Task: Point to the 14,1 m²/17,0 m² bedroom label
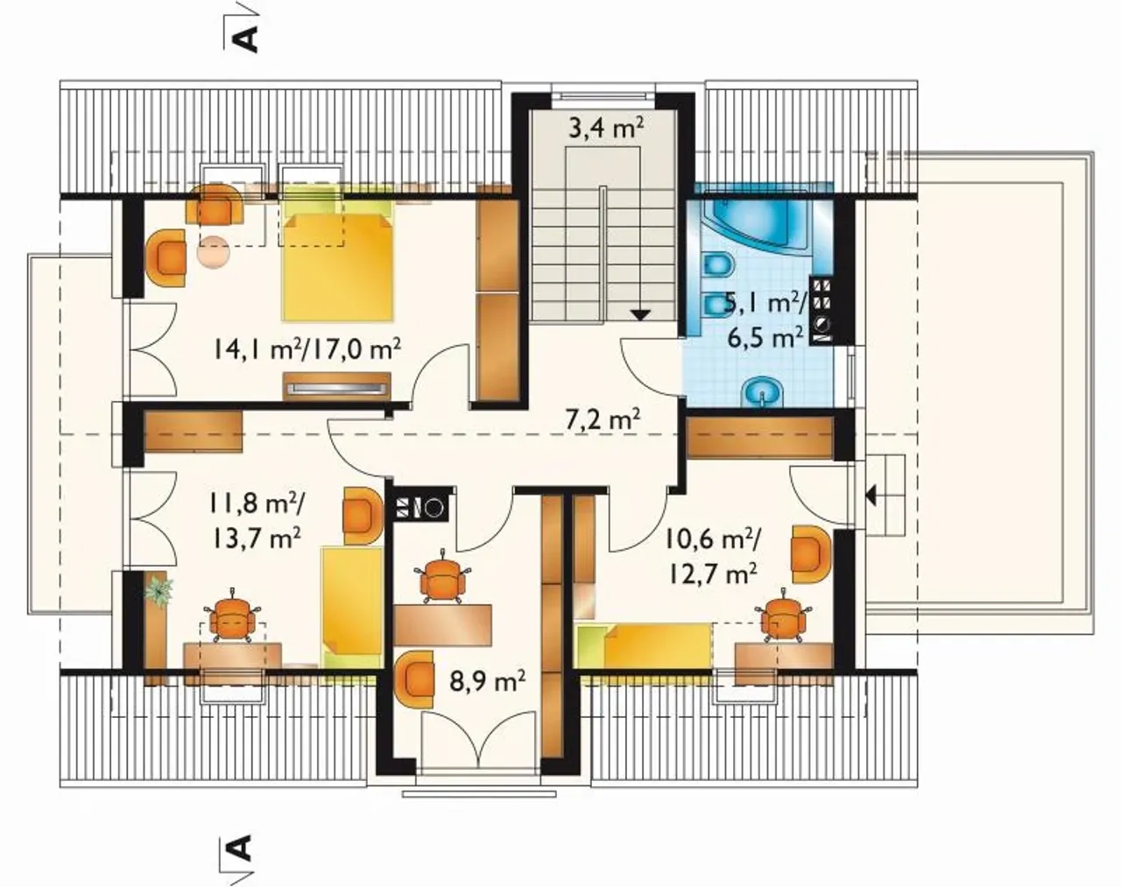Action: (x=307, y=348)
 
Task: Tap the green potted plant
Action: (x=159, y=591)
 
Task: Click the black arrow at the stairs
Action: (x=640, y=315)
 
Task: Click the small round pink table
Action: (x=213, y=252)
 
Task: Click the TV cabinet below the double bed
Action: (x=336, y=386)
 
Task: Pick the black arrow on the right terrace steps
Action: (x=870, y=495)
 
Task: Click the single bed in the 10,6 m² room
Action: (x=644, y=645)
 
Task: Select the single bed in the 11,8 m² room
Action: (x=350, y=607)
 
